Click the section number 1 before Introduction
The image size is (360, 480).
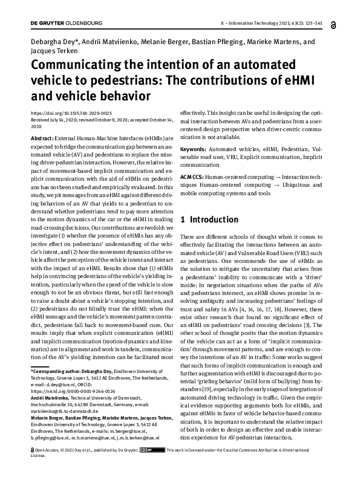click(183, 219)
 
